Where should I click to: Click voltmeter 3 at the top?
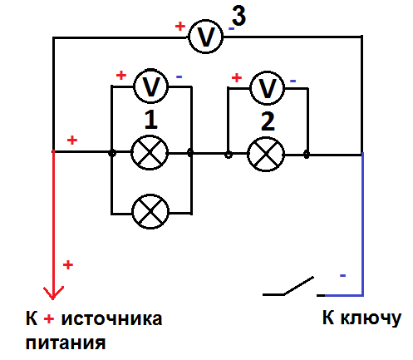tap(205, 37)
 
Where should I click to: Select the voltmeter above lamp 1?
tap(150, 86)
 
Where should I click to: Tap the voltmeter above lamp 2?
tap(267, 88)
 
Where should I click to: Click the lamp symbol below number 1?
tap(150, 153)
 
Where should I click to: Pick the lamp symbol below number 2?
tap(266, 155)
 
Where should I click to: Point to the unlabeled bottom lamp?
tap(150, 211)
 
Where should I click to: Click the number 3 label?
tap(238, 16)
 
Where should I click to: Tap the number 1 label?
tap(151, 120)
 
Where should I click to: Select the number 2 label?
tap(268, 121)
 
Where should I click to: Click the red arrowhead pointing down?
tap(53, 293)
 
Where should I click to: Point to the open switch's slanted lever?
tap(298, 285)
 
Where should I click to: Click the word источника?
tap(111, 319)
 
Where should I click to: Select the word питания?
tap(66, 343)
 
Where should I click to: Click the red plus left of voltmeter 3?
tap(180, 27)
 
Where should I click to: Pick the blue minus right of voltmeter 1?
tap(179, 76)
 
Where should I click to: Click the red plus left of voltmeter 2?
tap(236, 77)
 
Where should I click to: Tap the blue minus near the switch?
tap(342, 275)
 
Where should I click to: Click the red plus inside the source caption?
tap(49, 319)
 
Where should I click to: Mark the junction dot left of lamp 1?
tap(111, 153)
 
